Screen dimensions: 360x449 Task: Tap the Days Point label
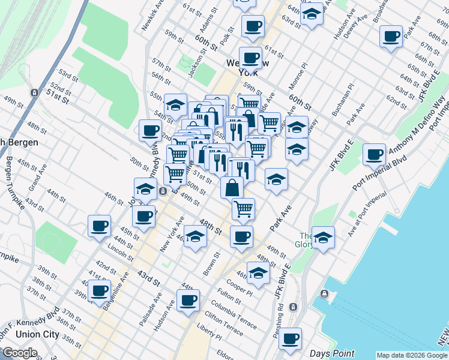332,354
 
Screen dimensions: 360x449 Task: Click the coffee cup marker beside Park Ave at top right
391,37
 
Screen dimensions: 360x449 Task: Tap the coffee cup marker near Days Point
290,338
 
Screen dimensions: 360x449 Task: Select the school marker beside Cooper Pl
258,273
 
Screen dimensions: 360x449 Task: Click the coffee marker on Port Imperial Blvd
374,155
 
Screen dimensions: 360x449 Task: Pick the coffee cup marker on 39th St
99,291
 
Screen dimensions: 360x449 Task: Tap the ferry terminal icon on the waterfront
324,293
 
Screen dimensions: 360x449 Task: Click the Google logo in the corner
20,353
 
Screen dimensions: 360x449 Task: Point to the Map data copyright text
412,355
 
